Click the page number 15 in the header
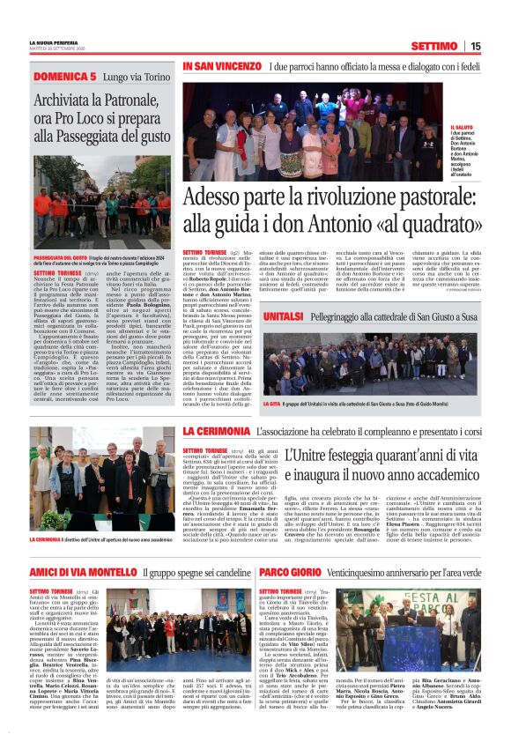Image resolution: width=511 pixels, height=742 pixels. (x=475, y=46)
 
